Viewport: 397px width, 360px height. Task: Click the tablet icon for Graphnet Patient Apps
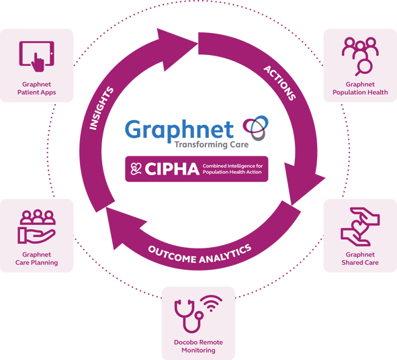(x=37, y=56)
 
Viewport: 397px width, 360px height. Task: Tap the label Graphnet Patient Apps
(x=37, y=89)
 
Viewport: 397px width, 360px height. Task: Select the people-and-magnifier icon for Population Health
(x=360, y=56)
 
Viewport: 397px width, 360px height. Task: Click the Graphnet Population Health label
(x=360, y=89)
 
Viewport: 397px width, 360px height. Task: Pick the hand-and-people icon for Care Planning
(x=37, y=226)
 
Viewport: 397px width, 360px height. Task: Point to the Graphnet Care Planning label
(x=37, y=259)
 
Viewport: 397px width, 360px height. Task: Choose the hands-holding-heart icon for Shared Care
(x=360, y=227)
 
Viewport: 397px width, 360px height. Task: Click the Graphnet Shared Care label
(x=360, y=259)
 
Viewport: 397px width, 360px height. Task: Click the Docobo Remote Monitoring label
(x=199, y=347)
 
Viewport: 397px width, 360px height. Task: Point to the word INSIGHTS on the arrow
(x=101, y=108)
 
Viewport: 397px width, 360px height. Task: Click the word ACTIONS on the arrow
(x=279, y=83)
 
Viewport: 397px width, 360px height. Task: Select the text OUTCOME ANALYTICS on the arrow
(x=200, y=254)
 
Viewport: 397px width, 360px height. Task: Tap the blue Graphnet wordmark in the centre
(x=179, y=130)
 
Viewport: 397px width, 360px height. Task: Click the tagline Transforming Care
(x=212, y=144)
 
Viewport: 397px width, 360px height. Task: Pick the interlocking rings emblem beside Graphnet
(x=255, y=128)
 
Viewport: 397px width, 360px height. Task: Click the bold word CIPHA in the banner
(x=172, y=169)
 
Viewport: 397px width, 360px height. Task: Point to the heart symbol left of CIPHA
(x=136, y=169)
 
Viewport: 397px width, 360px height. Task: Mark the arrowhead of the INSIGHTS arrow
(x=175, y=48)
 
